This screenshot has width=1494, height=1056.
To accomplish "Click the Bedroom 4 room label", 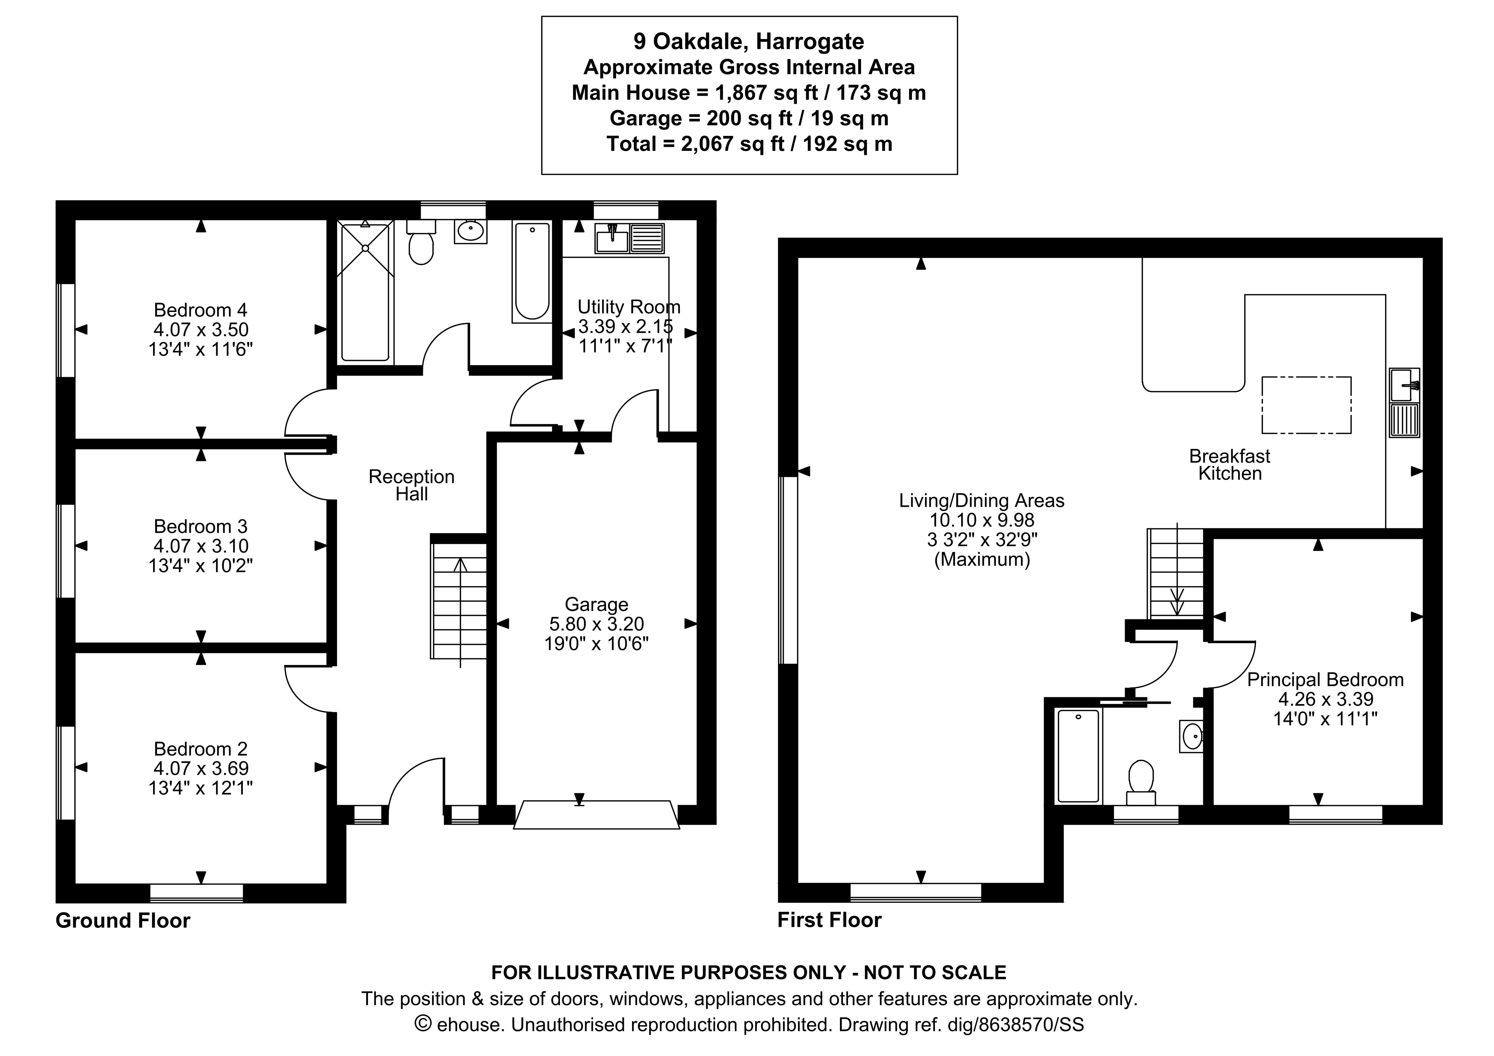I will pos(200,310).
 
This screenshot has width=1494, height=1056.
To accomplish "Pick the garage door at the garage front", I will pos(596,815).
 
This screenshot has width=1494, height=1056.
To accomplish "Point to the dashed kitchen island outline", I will pos(1306,405).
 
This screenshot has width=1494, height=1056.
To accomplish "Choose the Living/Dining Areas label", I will pos(981,500).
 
